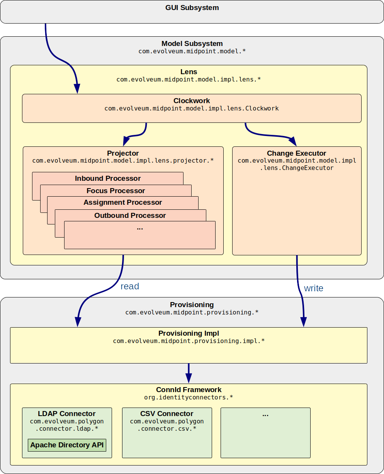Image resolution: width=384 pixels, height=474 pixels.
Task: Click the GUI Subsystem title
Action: [192, 7]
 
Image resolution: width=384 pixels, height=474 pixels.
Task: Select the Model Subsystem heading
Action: [192, 44]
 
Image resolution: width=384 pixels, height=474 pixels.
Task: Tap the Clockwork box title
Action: [192, 101]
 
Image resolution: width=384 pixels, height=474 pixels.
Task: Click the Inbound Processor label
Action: [108, 178]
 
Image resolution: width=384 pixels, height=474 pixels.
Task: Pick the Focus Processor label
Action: [116, 191]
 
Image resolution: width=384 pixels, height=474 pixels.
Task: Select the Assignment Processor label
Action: [122, 202]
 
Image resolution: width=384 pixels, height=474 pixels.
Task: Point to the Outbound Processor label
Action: [130, 216]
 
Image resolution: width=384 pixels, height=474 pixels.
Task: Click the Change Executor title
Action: [296, 153]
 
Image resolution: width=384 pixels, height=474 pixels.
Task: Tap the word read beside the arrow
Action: [130, 286]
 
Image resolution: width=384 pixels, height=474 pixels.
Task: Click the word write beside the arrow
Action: [313, 288]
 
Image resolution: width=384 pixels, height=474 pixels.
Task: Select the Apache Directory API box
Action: [67, 445]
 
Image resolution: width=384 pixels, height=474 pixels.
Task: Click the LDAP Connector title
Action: [67, 414]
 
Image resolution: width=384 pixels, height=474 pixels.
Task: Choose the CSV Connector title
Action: [167, 414]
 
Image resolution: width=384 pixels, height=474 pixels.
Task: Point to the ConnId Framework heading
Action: [189, 390]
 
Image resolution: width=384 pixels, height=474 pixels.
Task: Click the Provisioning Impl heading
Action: [189, 333]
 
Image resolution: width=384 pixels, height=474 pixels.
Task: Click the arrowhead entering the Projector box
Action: [126, 139]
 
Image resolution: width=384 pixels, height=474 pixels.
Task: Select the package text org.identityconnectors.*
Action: [189, 397]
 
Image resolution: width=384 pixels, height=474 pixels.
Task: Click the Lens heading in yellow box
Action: [189, 72]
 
